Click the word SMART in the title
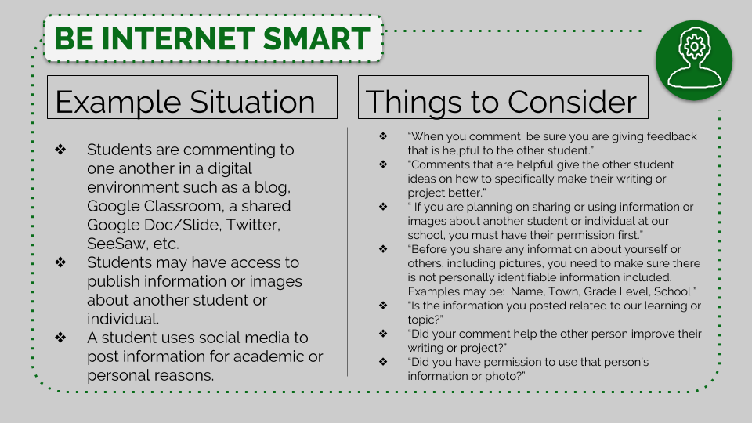(x=316, y=39)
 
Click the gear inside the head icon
(x=693, y=46)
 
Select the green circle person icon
(x=694, y=60)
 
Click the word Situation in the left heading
(x=252, y=102)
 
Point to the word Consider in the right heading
(x=572, y=102)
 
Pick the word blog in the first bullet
(x=274, y=187)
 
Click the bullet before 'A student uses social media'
(x=60, y=337)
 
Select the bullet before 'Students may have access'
(x=60, y=262)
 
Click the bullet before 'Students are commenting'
(x=60, y=149)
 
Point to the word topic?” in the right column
(x=425, y=320)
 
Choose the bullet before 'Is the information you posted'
(x=383, y=305)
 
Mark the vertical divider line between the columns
(x=347, y=251)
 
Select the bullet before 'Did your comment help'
(x=383, y=334)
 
